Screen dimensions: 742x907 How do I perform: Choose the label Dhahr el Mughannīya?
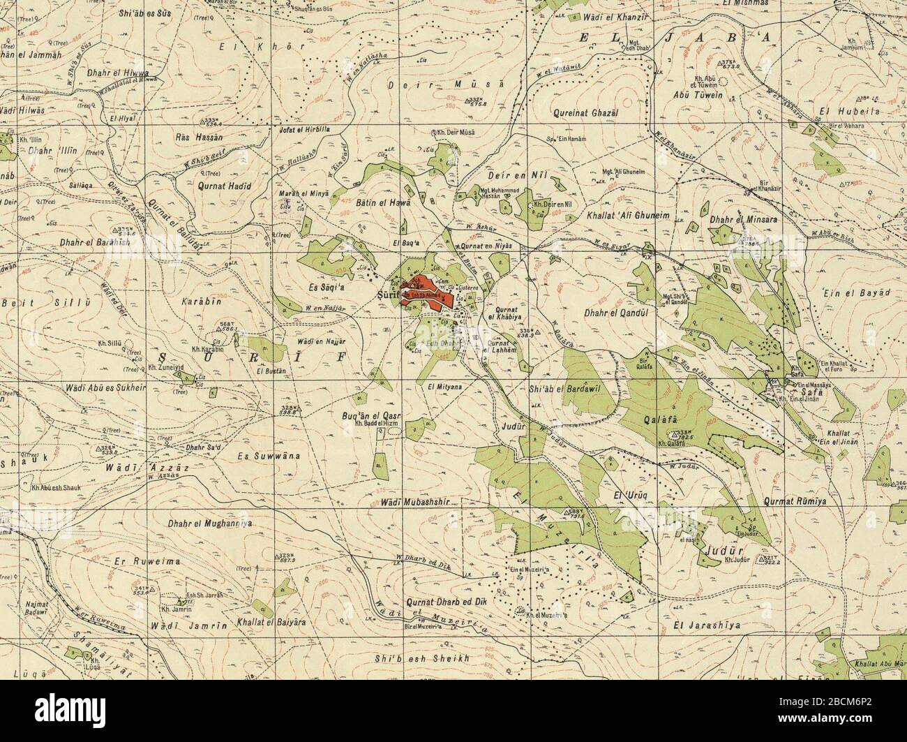click(x=209, y=522)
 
